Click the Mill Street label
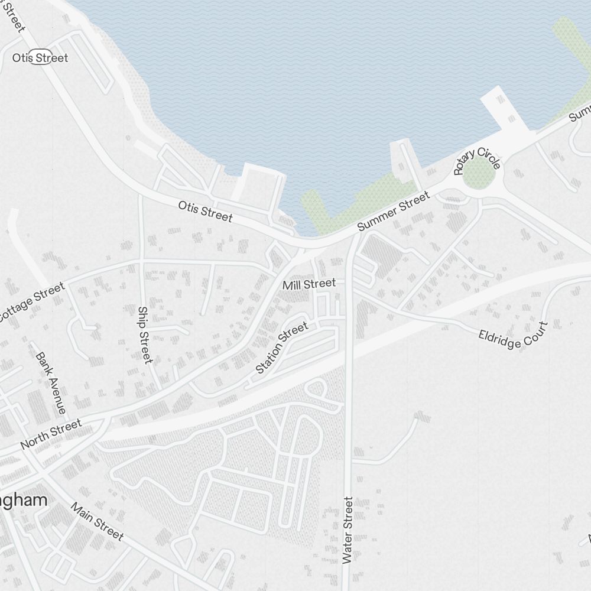pos(309,284)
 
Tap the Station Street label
pos(282,347)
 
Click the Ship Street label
pos(145,335)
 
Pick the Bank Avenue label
pos(51,382)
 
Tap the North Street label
pos(51,434)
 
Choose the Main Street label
pos(98,521)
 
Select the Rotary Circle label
pos(477,159)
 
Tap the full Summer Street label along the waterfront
pos(394,212)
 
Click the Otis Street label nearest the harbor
pos(205,211)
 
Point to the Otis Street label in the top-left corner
pos(40,58)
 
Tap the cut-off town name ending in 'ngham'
pos(24,500)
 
